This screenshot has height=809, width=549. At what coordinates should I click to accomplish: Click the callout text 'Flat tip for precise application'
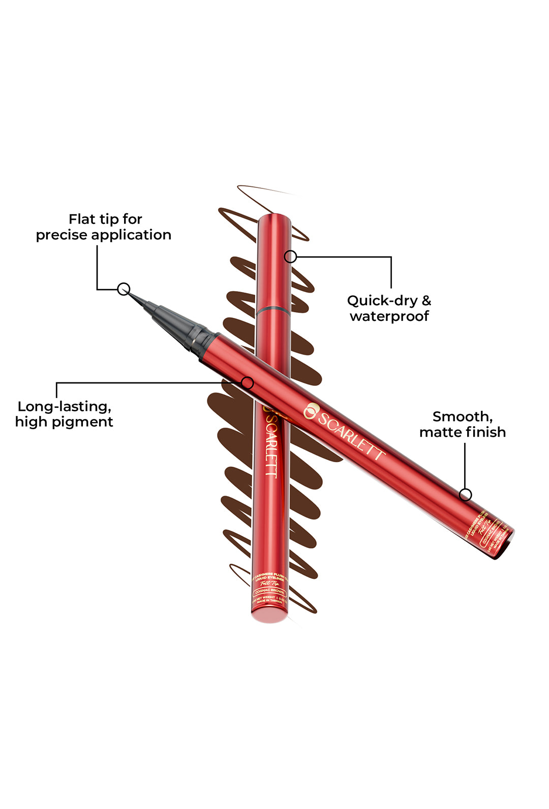coord(104,227)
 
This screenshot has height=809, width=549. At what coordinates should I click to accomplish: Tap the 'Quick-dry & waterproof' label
coord(389,308)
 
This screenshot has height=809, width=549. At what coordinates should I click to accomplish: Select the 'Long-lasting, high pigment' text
coord(64,414)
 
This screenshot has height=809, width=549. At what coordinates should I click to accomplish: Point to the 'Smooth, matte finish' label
coord(463,424)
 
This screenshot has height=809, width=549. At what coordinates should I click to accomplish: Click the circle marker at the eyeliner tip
coord(124,289)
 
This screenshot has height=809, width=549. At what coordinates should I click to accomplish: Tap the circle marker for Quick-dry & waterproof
coord(290,256)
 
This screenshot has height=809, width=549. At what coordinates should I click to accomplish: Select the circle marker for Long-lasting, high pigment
coord(248,383)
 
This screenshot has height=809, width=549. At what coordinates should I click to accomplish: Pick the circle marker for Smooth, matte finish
coord(465,494)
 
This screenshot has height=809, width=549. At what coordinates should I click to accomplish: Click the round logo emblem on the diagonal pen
coord(310,411)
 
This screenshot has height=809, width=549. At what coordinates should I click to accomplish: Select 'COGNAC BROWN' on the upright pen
coord(270,591)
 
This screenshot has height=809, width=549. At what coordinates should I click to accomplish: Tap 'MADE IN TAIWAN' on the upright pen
coord(270,601)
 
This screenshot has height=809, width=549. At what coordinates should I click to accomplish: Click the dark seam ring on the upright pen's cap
coord(274,308)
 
